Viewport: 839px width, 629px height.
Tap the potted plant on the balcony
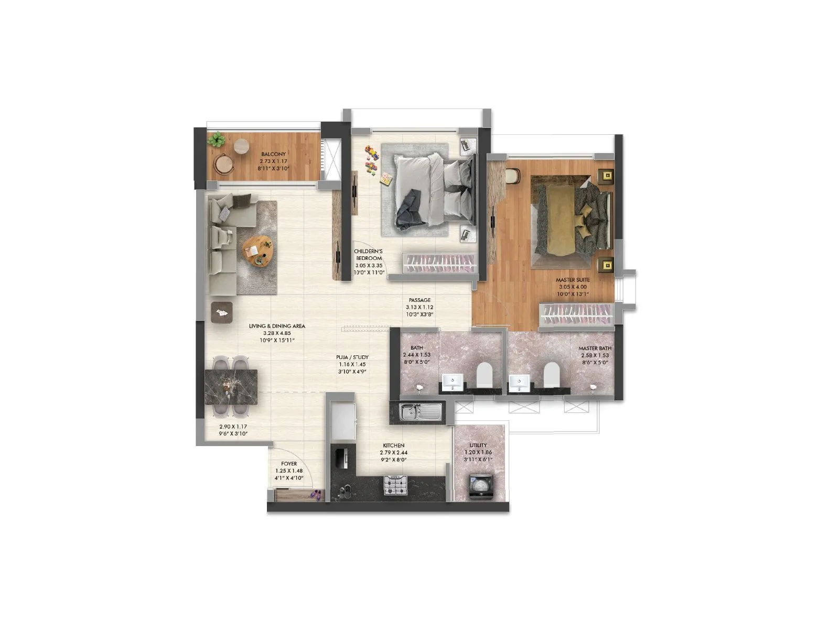coord(216,139)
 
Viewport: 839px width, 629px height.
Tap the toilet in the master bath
coord(551,374)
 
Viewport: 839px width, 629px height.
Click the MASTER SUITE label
coord(573,280)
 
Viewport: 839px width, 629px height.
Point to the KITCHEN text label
coord(393,446)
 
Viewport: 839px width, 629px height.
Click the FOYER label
coord(289,464)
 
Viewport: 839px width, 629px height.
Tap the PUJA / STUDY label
coord(352,357)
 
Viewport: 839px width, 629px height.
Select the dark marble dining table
coord(231,386)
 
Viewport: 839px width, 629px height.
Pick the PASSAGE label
coord(419,300)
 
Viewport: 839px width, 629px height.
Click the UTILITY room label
coord(478,446)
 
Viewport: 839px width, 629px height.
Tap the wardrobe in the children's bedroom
coord(439,262)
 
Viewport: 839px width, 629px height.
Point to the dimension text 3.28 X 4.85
coord(277,333)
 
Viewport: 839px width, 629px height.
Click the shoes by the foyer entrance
coord(316,493)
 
